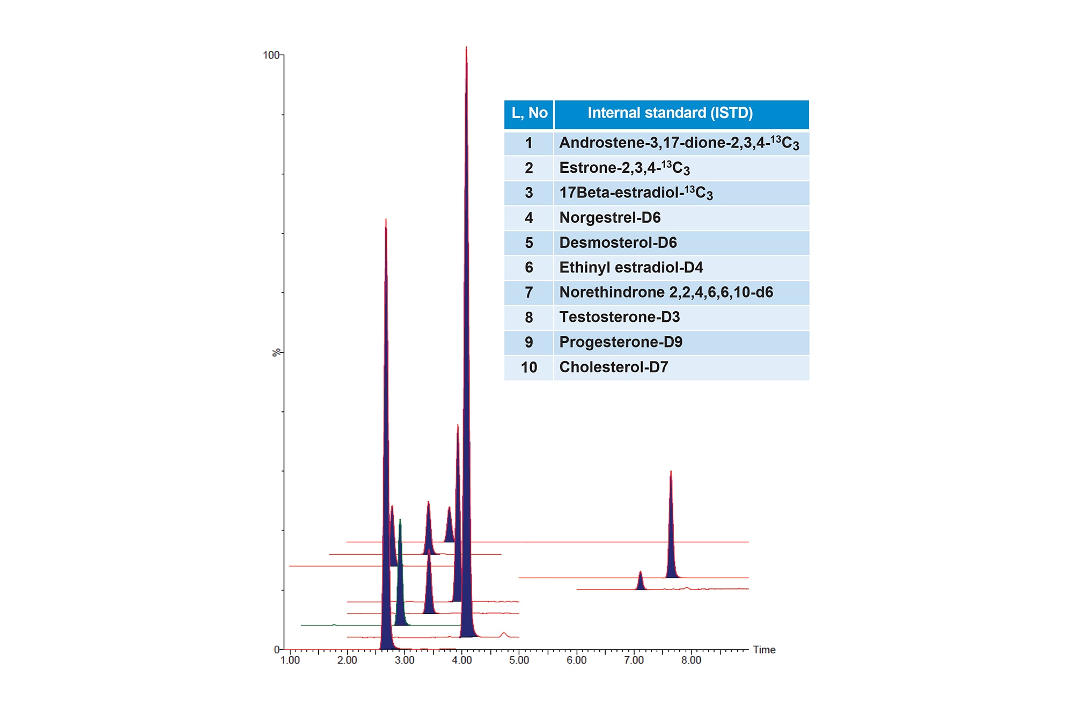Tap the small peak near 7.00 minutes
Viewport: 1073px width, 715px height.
pyautogui.click(x=640, y=582)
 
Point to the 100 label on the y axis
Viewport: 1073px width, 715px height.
pyautogui.click(x=271, y=55)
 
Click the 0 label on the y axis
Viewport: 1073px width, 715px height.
pyautogui.click(x=277, y=650)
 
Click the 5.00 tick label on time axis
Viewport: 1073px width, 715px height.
pyautogui.click(x=519, y=660)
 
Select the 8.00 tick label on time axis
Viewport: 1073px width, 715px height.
pyautogui.click(x=691, y=660)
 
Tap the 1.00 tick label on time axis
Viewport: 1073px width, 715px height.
pyautogui.click(x=290, y=660)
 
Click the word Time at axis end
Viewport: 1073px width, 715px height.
pyautogui.click(x=764, y=650)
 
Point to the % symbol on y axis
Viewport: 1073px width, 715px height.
pyautogui.click(x=276, y=352)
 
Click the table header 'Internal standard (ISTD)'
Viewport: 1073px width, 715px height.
pyautogui.click(x=670, y=113)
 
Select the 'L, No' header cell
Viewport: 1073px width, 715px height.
pyautogui.click(x=529, y=113)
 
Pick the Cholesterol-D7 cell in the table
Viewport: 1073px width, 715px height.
pyautogui.click(x=613, y=367)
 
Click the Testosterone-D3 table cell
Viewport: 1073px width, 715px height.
pyautogui.click(x=619, y=318)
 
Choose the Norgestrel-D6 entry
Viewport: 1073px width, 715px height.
pyautogui.click(x=609, y=218)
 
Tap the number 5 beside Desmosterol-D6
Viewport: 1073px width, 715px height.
pyautogui.click(x=529, y=243)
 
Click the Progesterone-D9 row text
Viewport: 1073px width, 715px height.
pyautogui.click(x=621, y=342)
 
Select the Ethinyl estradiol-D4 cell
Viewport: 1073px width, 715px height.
pyautogui.click(x=631, y=268)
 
